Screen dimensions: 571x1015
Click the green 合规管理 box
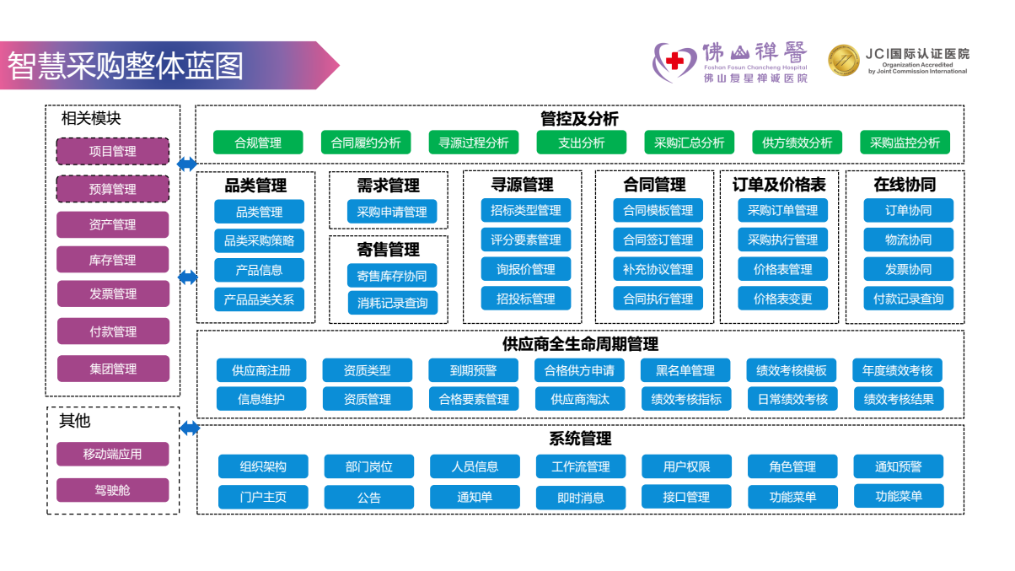point(258,143)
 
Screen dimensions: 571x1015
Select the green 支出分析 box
point(582,143)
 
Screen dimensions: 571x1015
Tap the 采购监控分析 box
point(905,143)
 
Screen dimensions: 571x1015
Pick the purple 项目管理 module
point(113,152)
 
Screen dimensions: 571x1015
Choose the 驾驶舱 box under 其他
point(113,490)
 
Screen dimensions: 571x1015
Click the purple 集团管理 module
point(113,369)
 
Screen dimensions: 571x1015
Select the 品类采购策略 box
point(259,240)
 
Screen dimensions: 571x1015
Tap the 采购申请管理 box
point(392,212)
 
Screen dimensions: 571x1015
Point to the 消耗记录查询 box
point(392,303)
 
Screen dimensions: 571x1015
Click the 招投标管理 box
point(526,299)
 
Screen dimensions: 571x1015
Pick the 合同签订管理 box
point(658,240)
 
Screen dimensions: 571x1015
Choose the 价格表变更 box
point(782,299)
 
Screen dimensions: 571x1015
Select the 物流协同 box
point(909,240)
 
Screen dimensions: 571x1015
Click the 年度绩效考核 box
point(898,370)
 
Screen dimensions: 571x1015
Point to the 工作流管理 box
point(581,466)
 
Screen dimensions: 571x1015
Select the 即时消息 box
point(581,498)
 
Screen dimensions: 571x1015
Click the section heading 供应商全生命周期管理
point(580,344)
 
